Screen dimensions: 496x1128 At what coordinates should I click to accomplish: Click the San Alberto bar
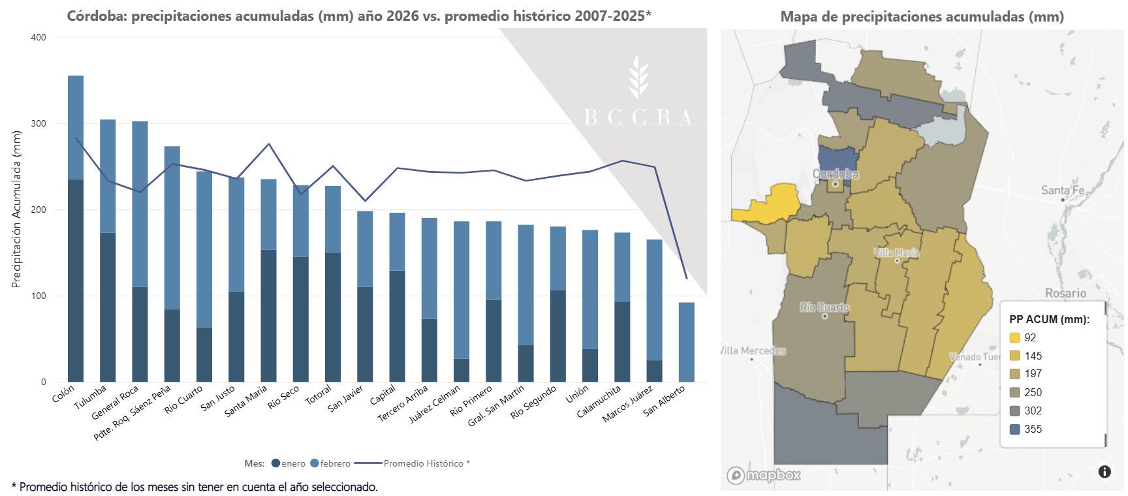(686, 342)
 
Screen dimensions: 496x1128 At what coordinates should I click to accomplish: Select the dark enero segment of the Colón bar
(76, 281)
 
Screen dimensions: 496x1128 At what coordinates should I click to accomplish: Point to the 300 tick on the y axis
(39, 123)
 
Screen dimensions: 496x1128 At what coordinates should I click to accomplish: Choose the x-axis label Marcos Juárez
(628, 404)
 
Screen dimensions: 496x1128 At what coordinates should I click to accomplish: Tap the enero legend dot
(276, 463)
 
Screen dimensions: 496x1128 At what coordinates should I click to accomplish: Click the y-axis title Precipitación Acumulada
(17, 209)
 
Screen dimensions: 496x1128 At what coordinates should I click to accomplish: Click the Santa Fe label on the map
(1062, 190)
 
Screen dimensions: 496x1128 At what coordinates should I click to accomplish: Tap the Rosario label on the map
(1065, 293)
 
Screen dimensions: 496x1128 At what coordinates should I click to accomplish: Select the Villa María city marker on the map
(897, 260)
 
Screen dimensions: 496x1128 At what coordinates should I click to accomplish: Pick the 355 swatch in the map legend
(1014, 429)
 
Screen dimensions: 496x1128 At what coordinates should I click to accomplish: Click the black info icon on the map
(1104, 471)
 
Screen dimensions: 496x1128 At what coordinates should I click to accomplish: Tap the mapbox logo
(764, 475)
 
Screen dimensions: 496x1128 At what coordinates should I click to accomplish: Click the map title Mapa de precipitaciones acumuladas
(922, 17)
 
